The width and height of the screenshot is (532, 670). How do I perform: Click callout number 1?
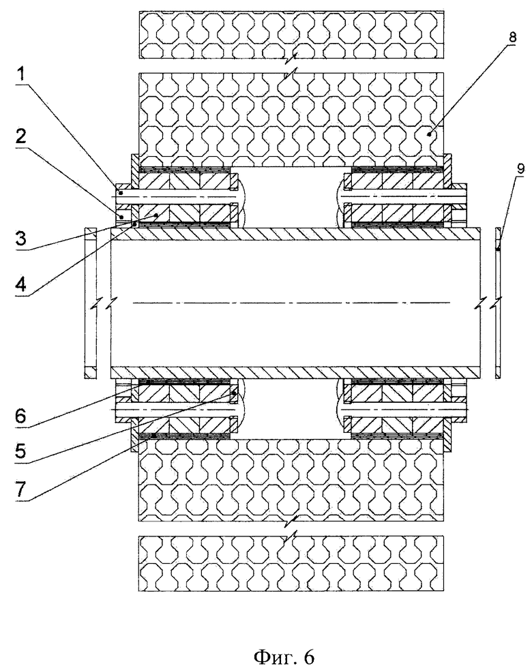[20, 76]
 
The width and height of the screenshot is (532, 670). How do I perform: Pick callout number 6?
[20, 415]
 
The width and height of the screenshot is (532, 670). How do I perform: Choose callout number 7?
[21, 489]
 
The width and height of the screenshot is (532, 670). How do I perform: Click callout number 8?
[512, 37]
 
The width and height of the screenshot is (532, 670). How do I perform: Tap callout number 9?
[520, 168]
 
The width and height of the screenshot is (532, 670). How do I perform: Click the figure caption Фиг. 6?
[284, 657]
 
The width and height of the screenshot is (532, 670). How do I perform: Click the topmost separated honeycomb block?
[291, 35]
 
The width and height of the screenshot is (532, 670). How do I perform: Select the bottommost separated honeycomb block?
[291, 564]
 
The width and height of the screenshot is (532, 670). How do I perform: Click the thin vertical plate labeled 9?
[497, 303]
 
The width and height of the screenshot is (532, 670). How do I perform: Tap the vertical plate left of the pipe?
[91, 303]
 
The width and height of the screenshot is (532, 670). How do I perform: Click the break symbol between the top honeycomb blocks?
[291, 65]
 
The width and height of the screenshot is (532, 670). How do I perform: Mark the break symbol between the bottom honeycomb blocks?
[291, 528]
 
